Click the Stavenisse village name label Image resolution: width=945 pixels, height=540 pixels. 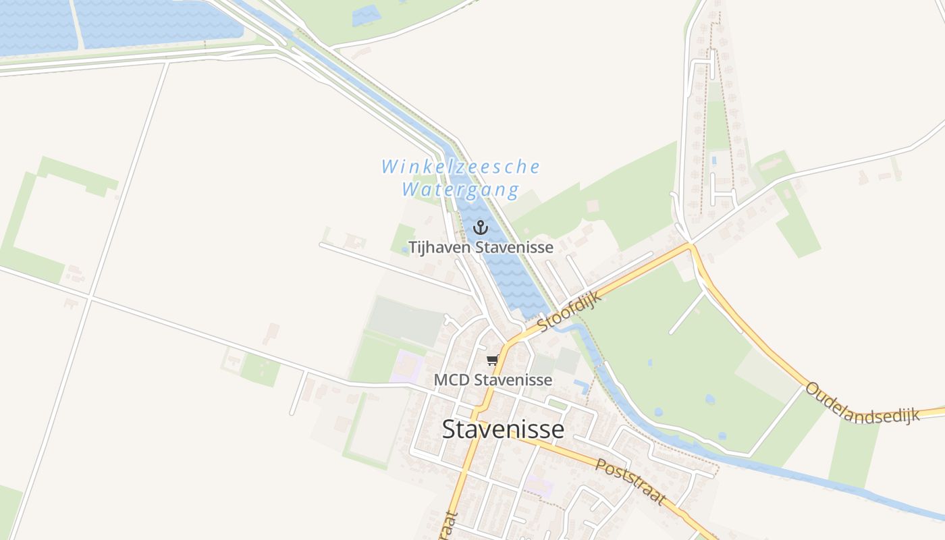pos(503,429)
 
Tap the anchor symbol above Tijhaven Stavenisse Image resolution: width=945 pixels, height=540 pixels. pos(480,227)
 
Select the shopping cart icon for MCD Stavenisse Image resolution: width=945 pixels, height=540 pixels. pos(493,360)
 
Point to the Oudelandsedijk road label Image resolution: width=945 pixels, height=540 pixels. pos(863,404)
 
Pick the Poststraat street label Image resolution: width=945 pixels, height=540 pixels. pos(630,481)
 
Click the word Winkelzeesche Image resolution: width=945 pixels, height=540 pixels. pos(460,167)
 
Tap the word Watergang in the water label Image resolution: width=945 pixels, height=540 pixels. pos(460,190)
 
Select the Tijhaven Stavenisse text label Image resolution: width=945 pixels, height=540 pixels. pos(481,247)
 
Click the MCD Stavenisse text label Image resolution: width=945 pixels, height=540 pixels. pos(493,380)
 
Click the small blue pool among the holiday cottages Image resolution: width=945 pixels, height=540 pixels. pos(713,161)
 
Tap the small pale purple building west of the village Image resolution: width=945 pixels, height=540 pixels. pos(408,367)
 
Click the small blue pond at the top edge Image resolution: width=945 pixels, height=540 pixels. pos(365,15)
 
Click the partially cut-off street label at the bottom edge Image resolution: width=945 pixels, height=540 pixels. pos(450,526)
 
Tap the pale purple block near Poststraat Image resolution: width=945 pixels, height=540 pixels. pos(541,485)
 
